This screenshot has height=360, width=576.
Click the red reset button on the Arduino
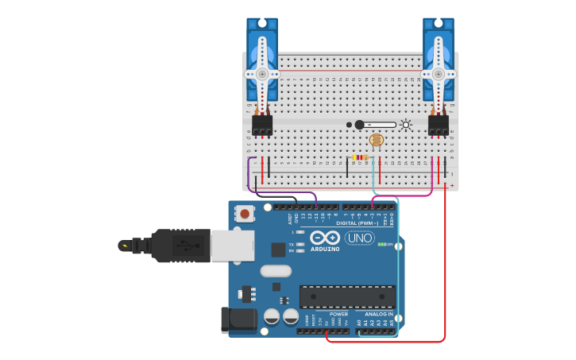245,213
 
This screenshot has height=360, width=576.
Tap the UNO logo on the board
359,238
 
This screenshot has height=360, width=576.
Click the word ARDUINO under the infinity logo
325,249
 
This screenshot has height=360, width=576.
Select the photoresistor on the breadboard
377,141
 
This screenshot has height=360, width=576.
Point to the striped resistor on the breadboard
361,157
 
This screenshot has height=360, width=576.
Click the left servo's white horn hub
261,74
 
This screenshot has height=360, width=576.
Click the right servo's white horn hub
438,74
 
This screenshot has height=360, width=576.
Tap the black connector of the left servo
262,125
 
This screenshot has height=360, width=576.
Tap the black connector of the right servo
439,125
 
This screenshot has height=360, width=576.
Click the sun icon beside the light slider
406,125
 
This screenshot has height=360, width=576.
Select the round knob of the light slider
359,125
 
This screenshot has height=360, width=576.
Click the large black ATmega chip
347,296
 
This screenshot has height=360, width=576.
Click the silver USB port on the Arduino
233,246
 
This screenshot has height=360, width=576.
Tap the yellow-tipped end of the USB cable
124,246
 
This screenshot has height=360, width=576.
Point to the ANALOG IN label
379,314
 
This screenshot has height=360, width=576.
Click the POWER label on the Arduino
338,314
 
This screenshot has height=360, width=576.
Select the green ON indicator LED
383,244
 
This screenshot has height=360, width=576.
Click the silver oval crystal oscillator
276,270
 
